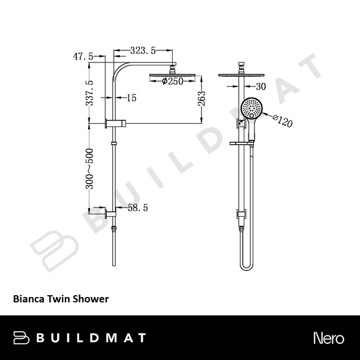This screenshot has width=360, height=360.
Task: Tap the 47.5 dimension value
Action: (82, 56)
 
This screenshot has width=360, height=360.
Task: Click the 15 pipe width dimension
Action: (131, 97)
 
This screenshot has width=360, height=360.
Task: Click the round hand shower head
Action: (251, 109)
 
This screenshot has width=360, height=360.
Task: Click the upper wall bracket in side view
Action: (113, 124)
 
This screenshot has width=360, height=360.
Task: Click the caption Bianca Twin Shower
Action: (61, 298)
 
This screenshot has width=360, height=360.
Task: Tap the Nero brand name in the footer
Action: (329, 337)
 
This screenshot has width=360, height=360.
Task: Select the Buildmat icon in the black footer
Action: (22, 337)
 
